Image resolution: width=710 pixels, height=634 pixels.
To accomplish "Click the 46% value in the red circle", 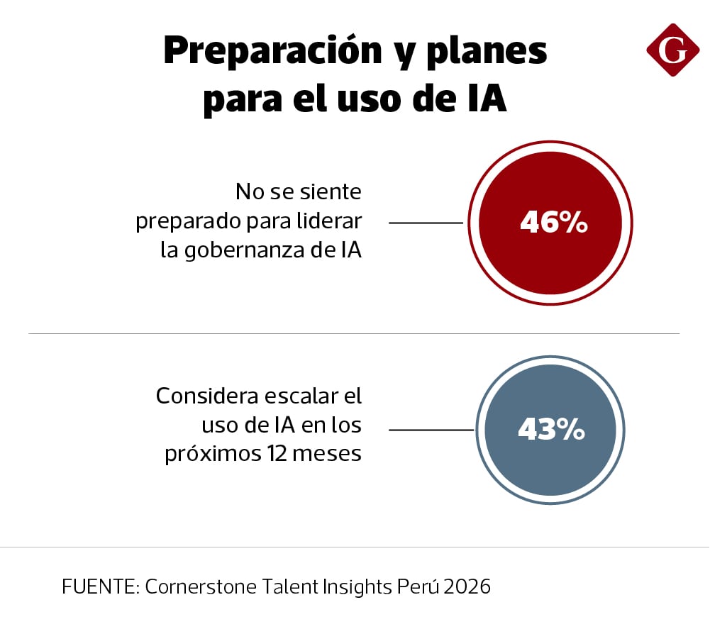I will coord(553,223).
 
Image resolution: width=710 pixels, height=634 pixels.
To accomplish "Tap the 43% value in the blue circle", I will coord(551,430).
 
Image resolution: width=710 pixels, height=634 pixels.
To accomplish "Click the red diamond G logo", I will coord(672,50).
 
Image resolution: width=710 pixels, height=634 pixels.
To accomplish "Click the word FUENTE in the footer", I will coord(100,587).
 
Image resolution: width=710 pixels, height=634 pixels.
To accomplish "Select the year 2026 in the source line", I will coord(465,587).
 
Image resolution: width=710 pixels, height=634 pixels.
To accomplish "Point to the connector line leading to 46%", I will coord(426,223).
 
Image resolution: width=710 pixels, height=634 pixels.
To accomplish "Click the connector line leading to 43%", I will coord(431,430).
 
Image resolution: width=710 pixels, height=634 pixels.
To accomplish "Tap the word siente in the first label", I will coord(331,192).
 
